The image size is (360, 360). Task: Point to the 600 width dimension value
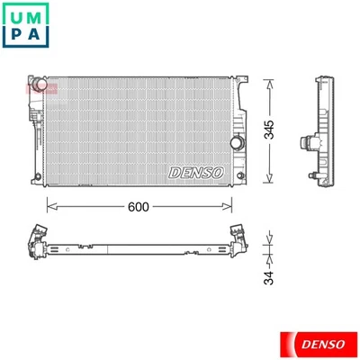point(138,206)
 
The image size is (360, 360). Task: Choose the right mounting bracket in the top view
point(239,237)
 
